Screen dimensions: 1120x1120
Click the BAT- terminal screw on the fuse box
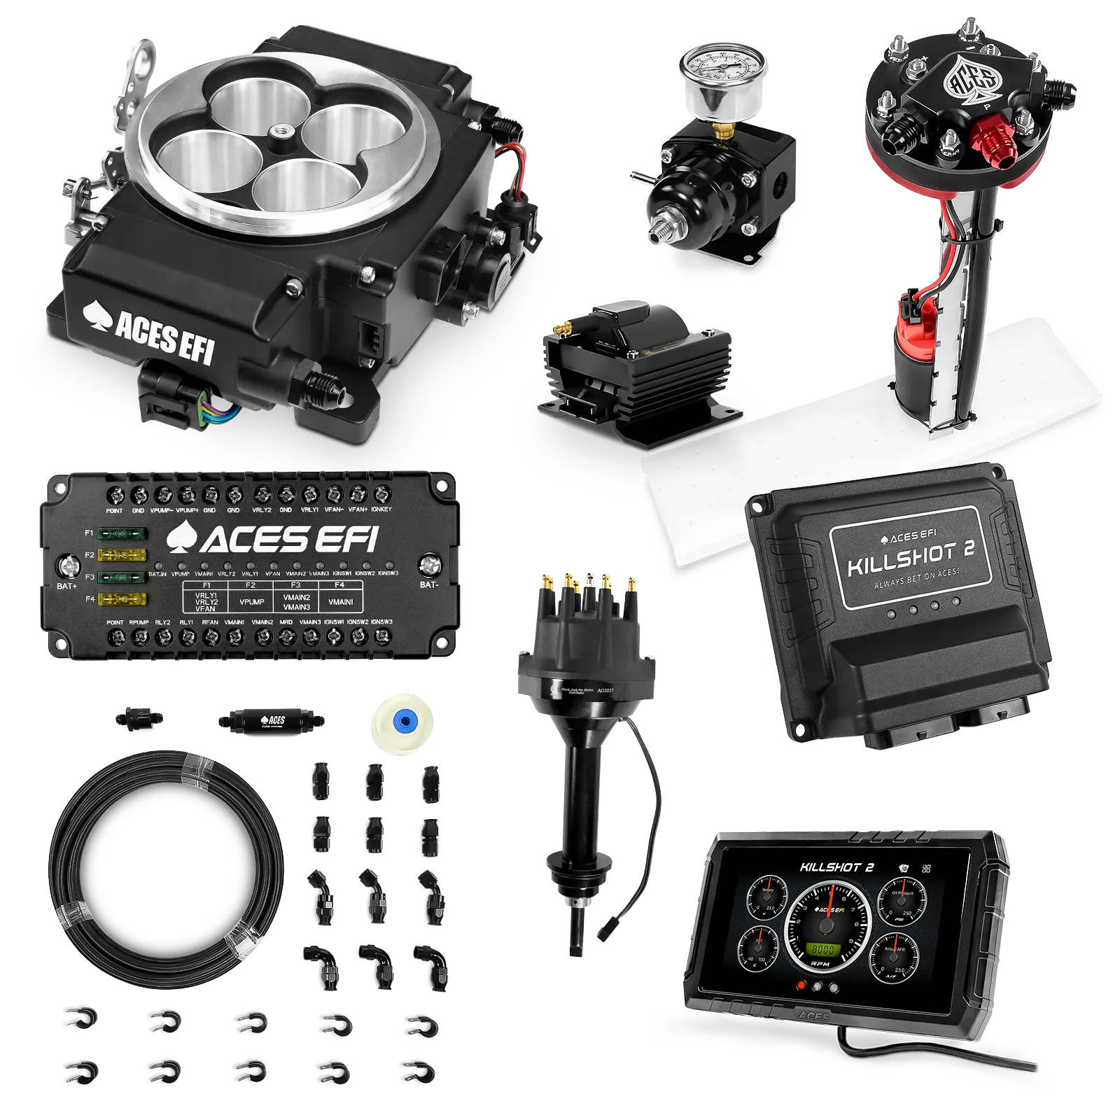[430, 564]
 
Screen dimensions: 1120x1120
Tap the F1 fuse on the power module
[122, 533]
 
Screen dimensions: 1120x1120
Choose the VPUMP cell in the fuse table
[251, 601]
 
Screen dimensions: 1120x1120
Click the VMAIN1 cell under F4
[340, 601]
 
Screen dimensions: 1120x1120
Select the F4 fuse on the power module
[122, 599]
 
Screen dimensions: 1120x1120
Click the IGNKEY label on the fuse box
[381, 510]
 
